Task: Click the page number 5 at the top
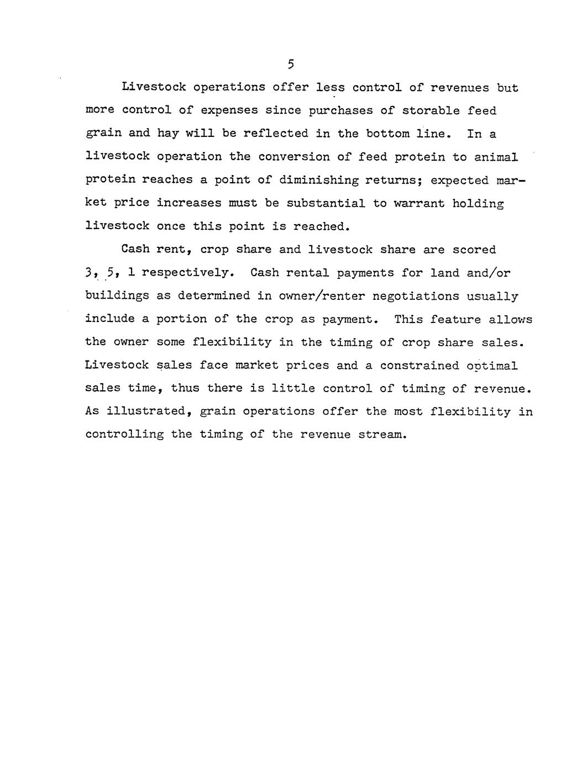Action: click(291, 65)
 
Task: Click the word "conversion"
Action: click(293, 157)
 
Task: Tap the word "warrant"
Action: click(418, 203)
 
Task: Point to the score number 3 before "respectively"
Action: click(88, 273)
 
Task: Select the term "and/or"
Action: click(488, 273)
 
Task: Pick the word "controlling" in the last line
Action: click(124, 435)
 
